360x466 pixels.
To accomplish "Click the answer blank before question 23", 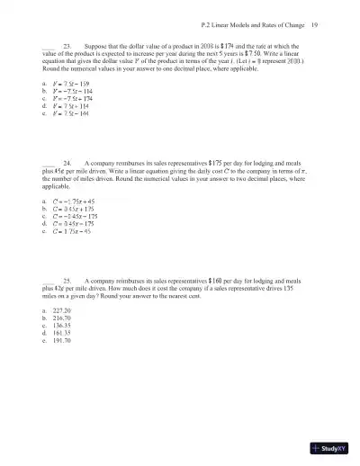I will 49,44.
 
